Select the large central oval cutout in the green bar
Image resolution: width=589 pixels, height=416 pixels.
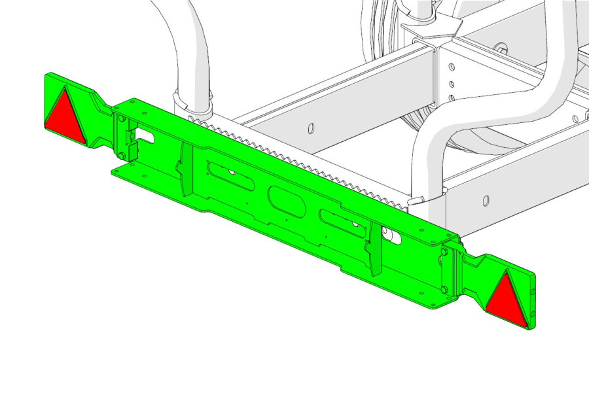286,199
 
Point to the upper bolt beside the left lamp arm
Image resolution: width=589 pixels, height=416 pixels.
122,118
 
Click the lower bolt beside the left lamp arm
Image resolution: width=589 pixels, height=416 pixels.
122,154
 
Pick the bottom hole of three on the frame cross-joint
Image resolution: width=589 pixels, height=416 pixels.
451,98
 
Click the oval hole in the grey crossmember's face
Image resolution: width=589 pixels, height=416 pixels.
312,127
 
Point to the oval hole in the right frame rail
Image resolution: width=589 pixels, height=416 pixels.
486,199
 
